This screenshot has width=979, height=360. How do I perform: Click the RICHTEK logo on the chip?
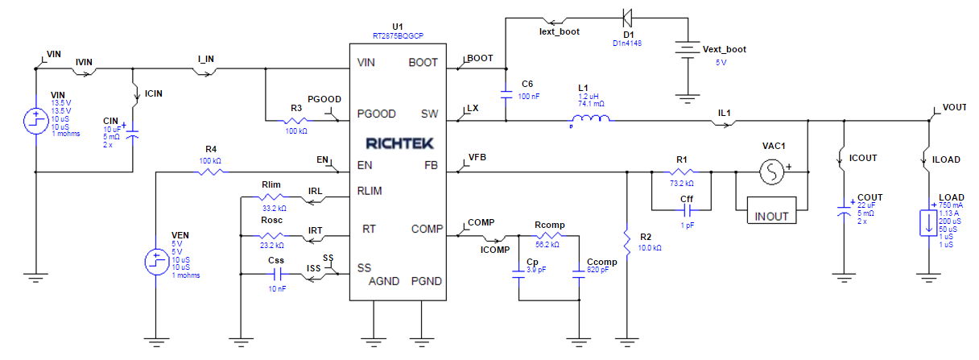coord(399,143)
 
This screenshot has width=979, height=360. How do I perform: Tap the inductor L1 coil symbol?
coord(590,121)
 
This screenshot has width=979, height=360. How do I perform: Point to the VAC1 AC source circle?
coord(772,172)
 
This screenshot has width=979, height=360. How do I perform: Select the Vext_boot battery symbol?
coord(686,50)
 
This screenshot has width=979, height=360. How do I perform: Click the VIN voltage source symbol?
coord(36,121)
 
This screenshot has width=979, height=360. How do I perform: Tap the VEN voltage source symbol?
coord(155,260)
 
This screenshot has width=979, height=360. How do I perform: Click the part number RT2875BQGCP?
coord(398,37)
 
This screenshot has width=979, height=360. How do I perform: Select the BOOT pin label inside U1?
coord(423,62)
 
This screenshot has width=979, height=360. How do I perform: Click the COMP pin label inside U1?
coord(426,229)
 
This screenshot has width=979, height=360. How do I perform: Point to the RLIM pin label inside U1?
coord(370,191)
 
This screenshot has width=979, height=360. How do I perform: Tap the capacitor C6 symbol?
coord(506,93)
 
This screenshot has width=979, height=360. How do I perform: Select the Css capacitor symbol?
coord(276,275)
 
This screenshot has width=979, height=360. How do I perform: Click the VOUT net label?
coord(954,107)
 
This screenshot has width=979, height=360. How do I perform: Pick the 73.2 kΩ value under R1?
coord(680,184)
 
